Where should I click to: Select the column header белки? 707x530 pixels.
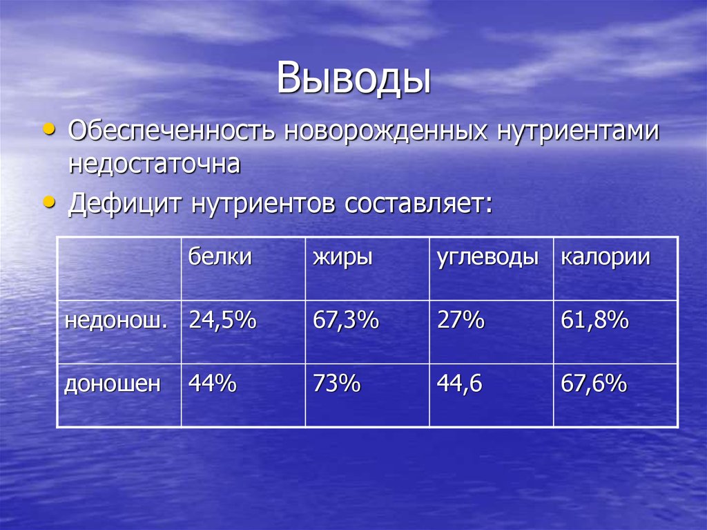(220, 258)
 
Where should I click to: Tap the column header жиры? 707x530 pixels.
(343, 258)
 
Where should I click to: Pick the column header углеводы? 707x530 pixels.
(487, 258)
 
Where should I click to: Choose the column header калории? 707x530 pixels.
(606, 258)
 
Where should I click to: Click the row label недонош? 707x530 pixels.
(116, 321)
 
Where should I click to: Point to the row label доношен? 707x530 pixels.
(113, 384)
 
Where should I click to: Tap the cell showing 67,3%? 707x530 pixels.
(346, 321)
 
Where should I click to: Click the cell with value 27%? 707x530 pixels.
(461, 321)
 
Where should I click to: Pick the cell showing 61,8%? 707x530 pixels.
(594, 321)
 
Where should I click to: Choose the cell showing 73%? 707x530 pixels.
(336, 384)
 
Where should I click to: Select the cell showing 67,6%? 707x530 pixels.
(594, 384)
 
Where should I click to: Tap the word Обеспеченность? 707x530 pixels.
(173, 131)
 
